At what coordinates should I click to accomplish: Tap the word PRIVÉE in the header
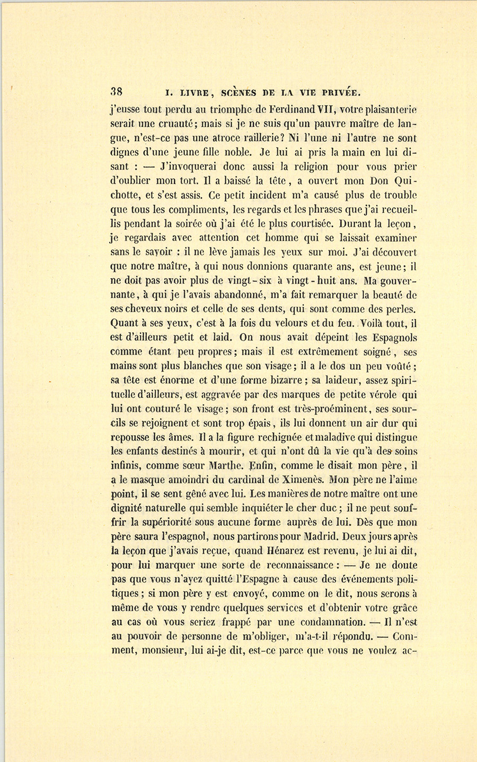point(337,92)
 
